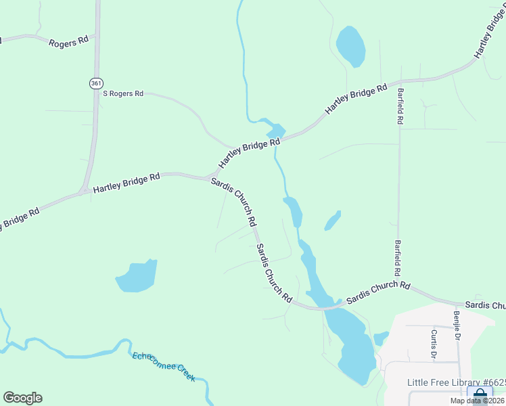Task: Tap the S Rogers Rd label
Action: click(123, 93)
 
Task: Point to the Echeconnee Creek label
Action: click(164, 366)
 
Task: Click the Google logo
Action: click(22, 398)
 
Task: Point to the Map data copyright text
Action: click(478, 401)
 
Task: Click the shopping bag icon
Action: click(480, 394)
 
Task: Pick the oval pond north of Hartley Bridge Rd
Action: click(350, 46)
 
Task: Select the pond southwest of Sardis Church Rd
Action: click(137, 276)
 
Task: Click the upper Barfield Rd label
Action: click(400, 106)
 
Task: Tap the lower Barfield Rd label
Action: click(398, 258)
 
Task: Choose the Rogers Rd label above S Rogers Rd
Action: click(68, 41)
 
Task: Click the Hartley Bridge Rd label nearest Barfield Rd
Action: click(356, 98)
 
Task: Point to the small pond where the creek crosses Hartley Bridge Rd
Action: click(277, 129)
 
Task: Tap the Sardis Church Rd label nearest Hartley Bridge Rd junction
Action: click(233, 201)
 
